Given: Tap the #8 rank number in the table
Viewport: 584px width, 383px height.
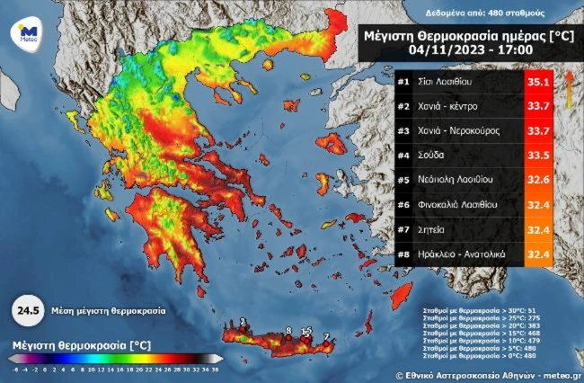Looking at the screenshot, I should coord(404,254).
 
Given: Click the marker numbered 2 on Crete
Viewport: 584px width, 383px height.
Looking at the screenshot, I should coord(243,321).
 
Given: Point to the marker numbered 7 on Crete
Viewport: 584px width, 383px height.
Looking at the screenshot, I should coord(326,335).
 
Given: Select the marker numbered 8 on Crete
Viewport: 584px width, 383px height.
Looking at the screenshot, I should coord(288,331).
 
